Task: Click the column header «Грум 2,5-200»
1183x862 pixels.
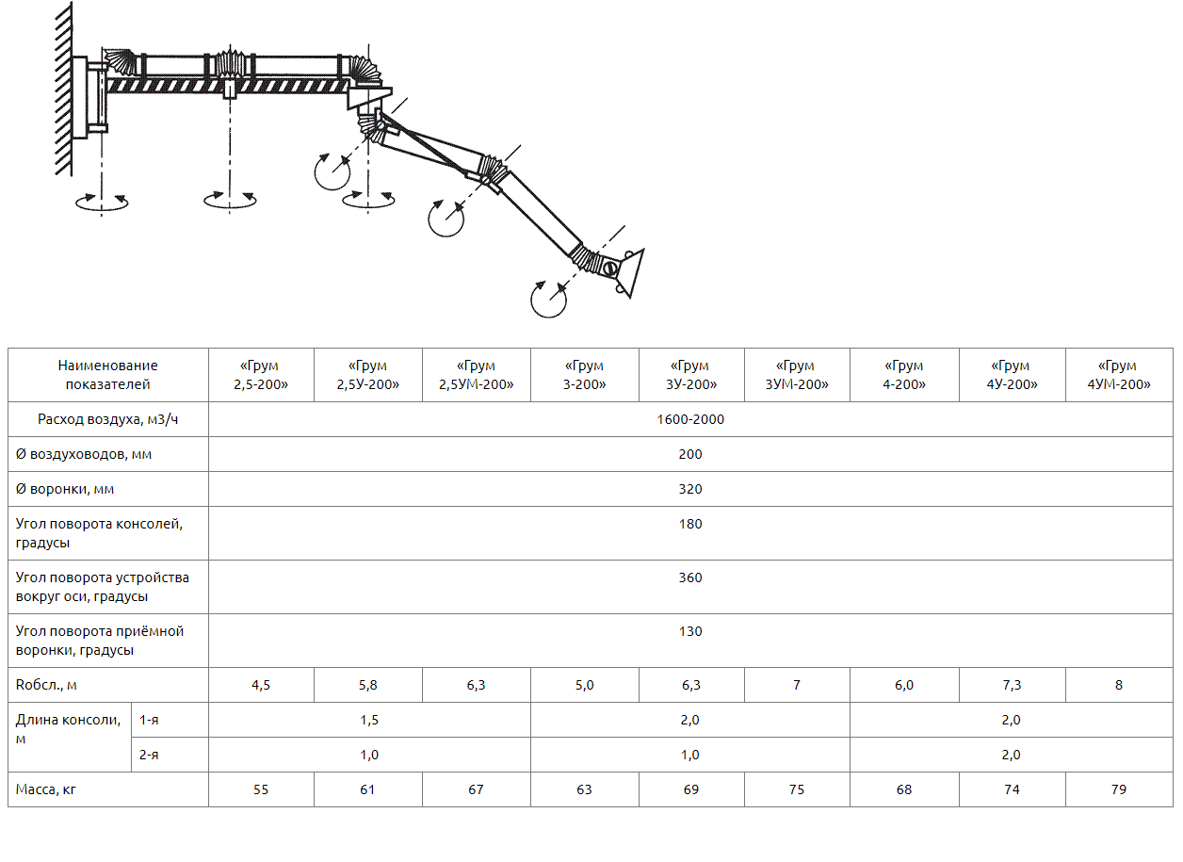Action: tap(261, 375)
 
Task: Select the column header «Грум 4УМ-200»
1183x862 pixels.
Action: tap(1119, 375)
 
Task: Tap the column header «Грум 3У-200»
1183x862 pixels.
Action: tap(690, 375)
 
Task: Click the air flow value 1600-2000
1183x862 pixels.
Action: tap(690, 420)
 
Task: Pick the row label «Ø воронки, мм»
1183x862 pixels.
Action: tap(65, 490)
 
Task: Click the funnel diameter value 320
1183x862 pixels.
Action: tap(690, 490)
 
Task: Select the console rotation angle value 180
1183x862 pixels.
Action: tap(690, 525)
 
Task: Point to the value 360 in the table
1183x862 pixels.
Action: tap(690, 577)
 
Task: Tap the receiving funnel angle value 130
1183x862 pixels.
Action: tap(690, 632)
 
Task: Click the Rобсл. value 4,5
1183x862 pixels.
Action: tap(261, 686)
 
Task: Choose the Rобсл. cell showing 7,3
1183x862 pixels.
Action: tap(1012, 686)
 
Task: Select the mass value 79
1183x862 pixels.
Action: tap(1119, 790)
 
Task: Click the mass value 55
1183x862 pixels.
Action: tap(261, 790)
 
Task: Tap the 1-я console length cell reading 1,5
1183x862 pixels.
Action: tap(369, 721)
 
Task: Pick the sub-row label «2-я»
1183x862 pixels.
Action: tap(149, 756)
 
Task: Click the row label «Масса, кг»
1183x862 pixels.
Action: tap(46, 790)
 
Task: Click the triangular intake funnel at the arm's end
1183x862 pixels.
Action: tap(631, 273)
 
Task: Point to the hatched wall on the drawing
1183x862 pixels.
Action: tap(64, 89)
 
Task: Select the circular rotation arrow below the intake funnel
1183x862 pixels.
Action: tap(548, 300)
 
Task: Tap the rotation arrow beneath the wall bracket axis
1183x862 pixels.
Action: tap(102, 203)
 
